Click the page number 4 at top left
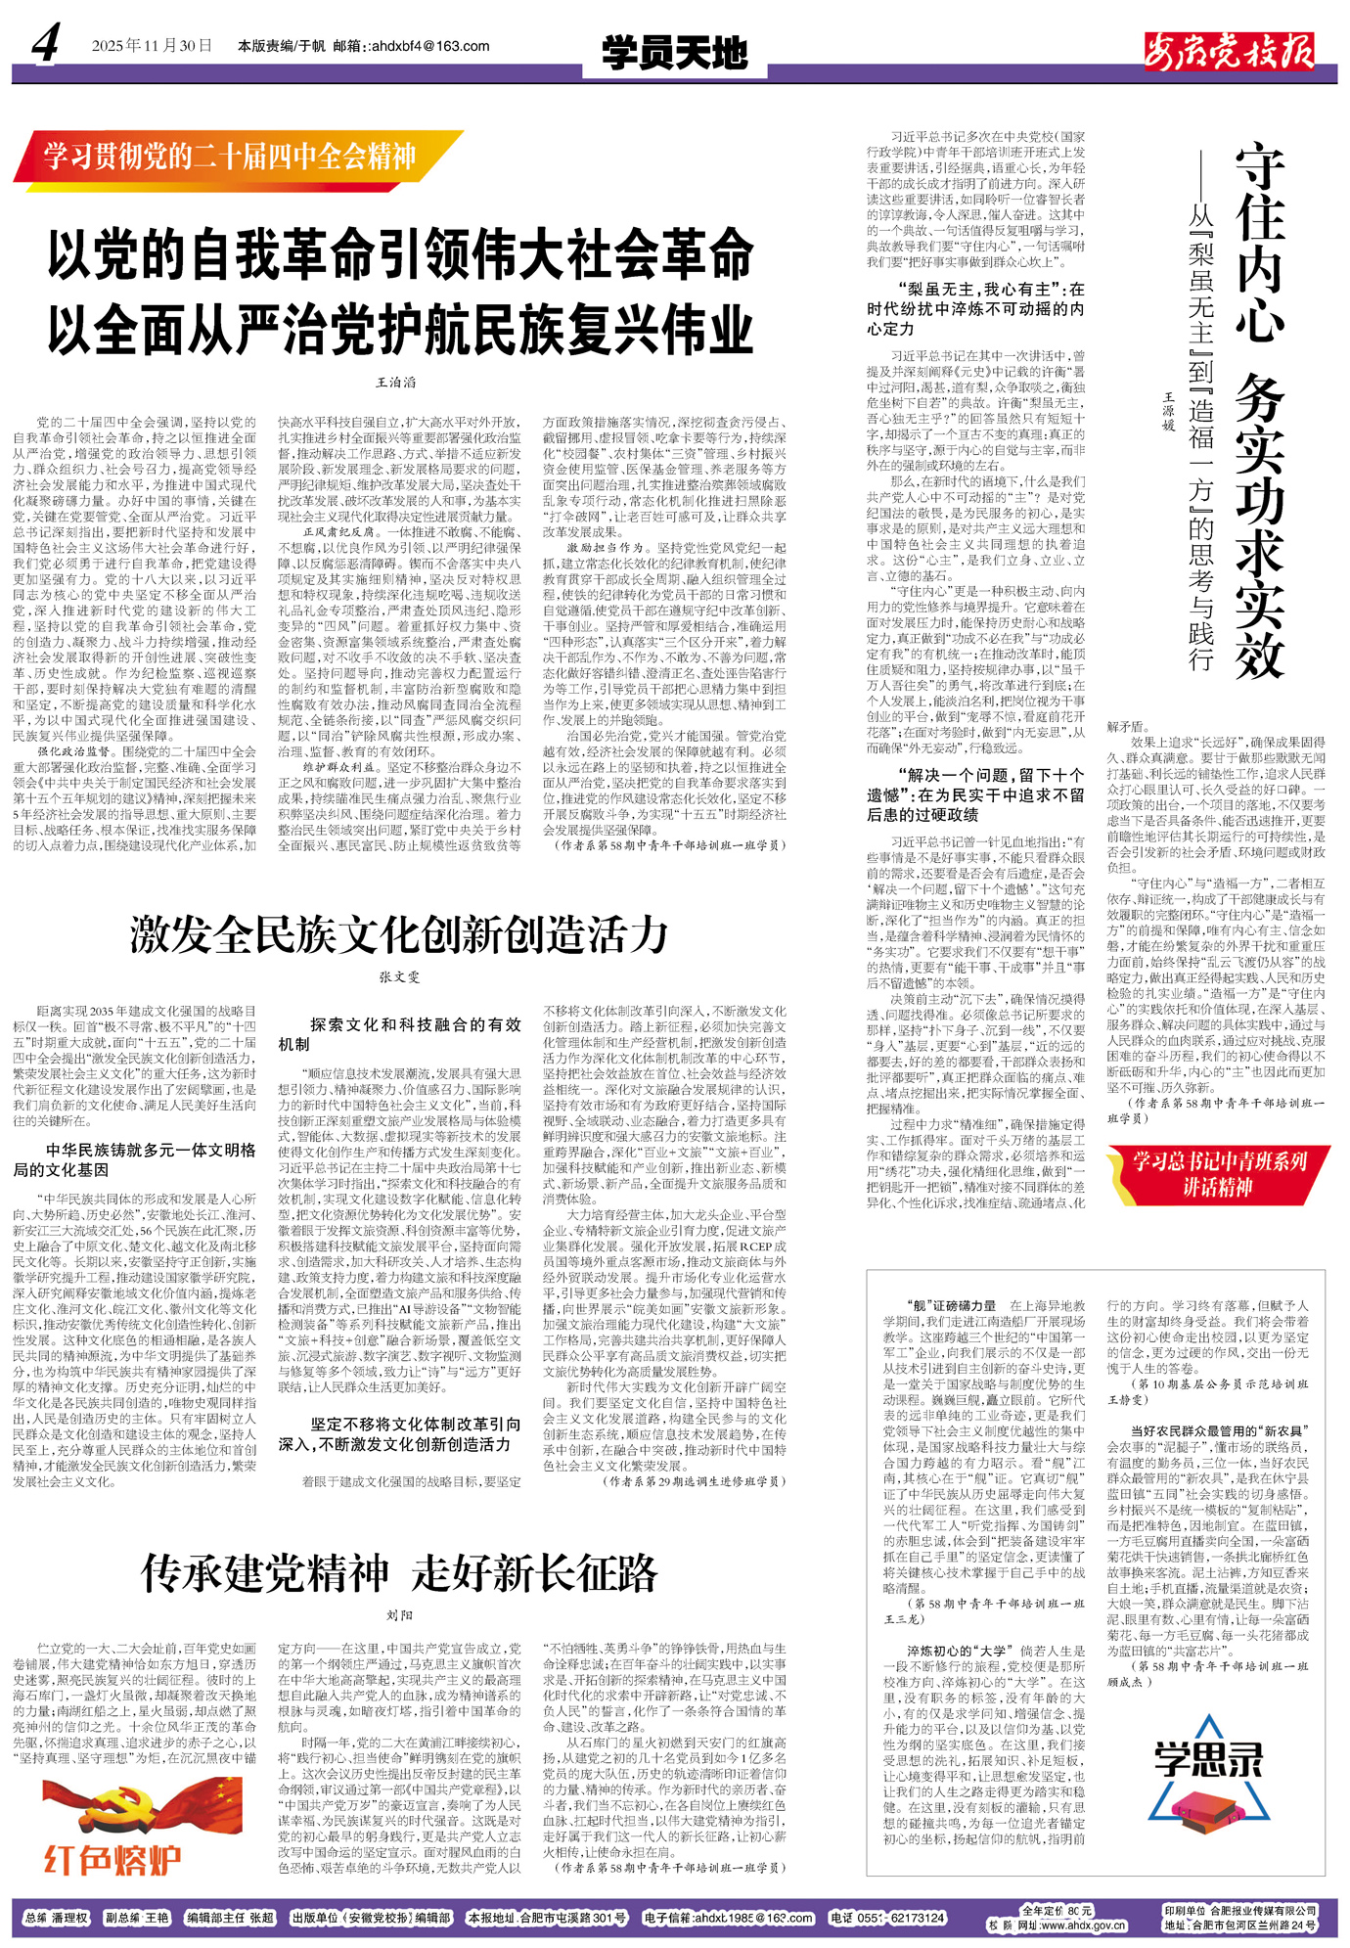tap(45, 43)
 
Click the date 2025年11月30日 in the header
tap(152, 46)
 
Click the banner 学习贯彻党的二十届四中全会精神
tap(231, 157)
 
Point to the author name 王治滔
tap(396, 383)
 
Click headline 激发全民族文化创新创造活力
tap(399, 935)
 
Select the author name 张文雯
tap(399, 976)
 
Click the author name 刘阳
tap(399, 1615)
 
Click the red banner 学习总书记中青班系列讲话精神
tap(1219, 1174)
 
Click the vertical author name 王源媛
tap(1167, 412)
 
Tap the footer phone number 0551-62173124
tap(887, 1918)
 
